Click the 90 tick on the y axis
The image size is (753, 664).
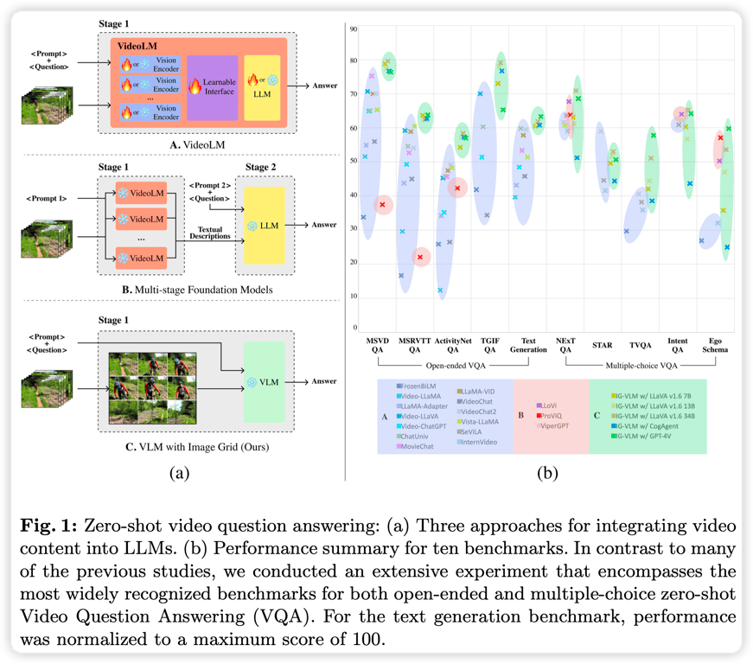[353, 29]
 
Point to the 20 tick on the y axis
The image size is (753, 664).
[353, 262]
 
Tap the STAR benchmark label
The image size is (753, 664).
[603, 344]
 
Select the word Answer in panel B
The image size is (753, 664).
[323, 225]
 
